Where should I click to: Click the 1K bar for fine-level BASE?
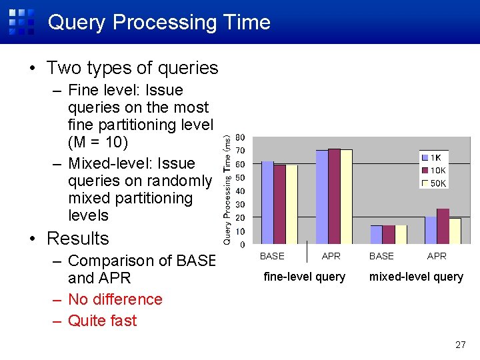click(x=267, y=203)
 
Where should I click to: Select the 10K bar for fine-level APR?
click(x=334, y=197)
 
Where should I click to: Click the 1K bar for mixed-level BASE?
click(x=377, y=235)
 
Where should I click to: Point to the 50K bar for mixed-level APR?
click(x=455, y=231)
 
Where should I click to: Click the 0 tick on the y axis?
click(x=242, y=245)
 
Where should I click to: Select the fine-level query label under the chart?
click(x=305, y=277)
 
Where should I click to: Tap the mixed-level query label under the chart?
click(x=416, y=277)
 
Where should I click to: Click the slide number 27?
click(x=460, y=345)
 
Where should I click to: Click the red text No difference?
click(x=115, y=299)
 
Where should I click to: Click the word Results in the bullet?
click(x=78, y=239)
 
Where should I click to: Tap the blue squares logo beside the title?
click(x=21, y=21)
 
